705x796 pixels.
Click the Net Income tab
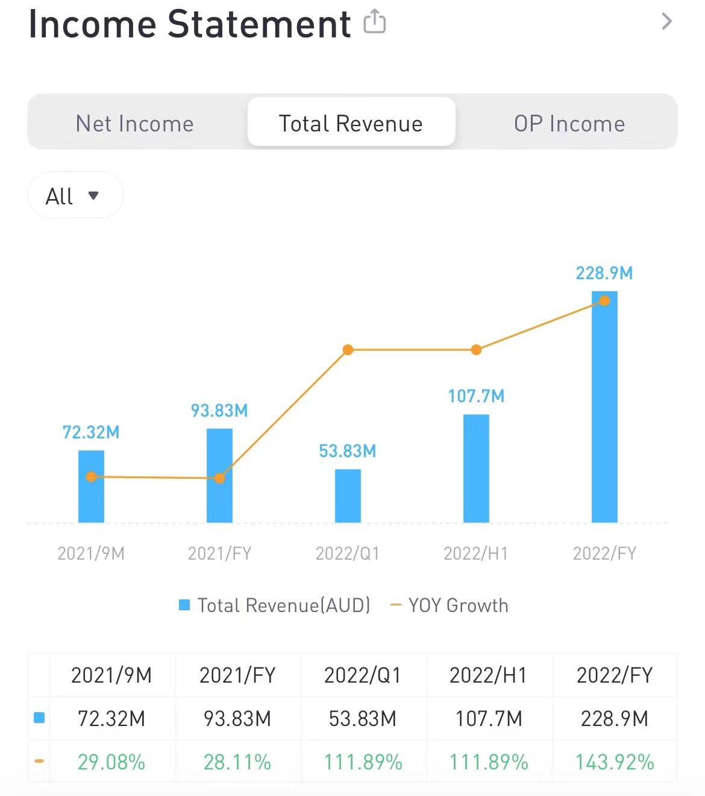134,124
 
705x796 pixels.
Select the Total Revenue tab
351,124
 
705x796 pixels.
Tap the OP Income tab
569,124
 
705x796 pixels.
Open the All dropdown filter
75,195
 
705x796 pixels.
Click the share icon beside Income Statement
374,22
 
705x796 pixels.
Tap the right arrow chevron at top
666,22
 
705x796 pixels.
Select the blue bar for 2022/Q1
348,496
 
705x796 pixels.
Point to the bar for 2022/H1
476,468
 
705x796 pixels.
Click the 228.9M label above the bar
604,273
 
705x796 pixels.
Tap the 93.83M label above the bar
219,411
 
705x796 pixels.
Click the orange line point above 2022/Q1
348,350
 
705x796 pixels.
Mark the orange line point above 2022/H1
476,350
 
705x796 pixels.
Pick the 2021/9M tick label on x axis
91,553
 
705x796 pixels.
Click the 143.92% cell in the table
615,762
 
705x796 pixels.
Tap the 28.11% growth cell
237,762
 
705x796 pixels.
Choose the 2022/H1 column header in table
488,675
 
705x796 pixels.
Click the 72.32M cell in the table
111,719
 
